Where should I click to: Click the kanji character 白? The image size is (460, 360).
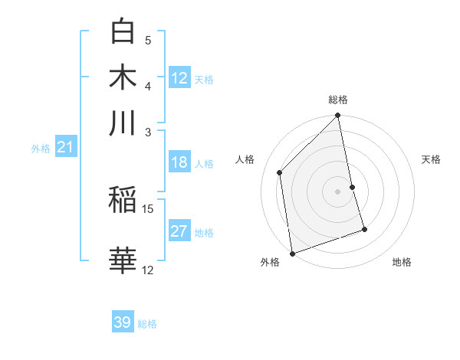123,31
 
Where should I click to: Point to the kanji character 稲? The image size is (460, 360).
123,201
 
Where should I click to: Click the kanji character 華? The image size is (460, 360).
123,260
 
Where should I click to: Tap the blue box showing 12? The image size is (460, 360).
179,78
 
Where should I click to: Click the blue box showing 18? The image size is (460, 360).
179,162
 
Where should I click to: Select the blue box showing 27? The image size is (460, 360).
179,231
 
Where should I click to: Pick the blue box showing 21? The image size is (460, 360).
64,148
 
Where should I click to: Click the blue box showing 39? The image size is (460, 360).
123,322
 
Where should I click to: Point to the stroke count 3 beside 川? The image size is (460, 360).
148,131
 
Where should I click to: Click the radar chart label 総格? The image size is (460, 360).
338,100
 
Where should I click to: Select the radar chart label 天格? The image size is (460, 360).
432,159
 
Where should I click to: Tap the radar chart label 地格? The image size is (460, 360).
402,262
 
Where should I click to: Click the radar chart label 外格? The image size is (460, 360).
269,262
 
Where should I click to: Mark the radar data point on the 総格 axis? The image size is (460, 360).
338,116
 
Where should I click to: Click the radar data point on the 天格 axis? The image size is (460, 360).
353,187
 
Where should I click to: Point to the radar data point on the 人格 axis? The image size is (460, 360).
280,172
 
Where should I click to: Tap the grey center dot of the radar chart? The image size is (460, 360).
338,191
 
